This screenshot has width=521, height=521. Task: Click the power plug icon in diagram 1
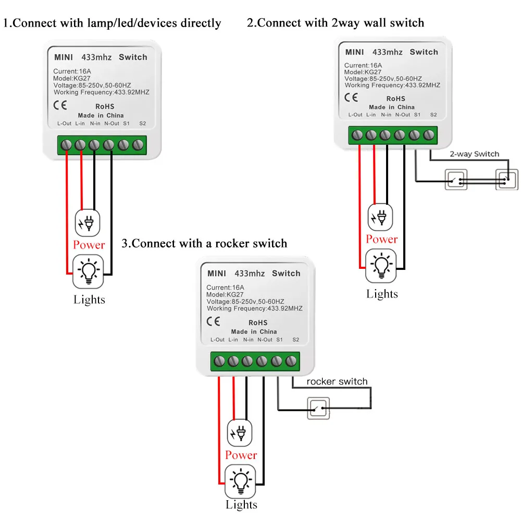pyautogui.click(x=88, y=222)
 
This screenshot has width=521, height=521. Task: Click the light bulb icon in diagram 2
pyautogui.click(x=381, y=266)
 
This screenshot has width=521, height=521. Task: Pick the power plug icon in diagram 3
pyautogui.click(x=241, y=432)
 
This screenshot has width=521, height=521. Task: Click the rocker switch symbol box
pyautogui.click(x=318, y=408)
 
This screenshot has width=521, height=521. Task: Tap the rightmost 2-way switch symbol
pyautogui.click(x=506, y=180)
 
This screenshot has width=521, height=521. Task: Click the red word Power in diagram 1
pyautogui.click(x=89, y=245)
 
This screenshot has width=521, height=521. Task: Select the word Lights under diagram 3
pyautogui.click(x=241, y=504)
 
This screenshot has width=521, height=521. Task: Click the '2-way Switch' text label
pyautogui.click(x=474, y=154)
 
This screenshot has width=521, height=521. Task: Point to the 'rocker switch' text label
pyautogui.click(x=337, y=382)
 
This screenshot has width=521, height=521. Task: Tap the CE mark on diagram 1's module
pyautogui.click(x=60, y=103)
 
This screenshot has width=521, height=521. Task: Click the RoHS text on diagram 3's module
pyautogui.click(x=258, y=322)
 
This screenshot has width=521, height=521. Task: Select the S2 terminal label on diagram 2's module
pyautogui.click(x=433, y=115)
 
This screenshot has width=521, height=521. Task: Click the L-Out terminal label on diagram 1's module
pyautogui.click(x=65, y=123)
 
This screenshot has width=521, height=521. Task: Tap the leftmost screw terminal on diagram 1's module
pyautogui.click(x=67, y=144)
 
